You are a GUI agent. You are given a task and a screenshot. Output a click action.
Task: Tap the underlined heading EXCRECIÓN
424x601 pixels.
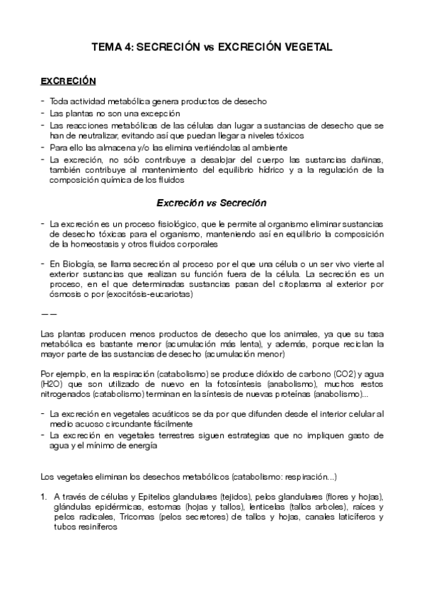click(68, 82)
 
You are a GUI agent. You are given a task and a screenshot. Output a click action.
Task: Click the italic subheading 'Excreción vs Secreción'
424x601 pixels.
click(212, 202)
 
